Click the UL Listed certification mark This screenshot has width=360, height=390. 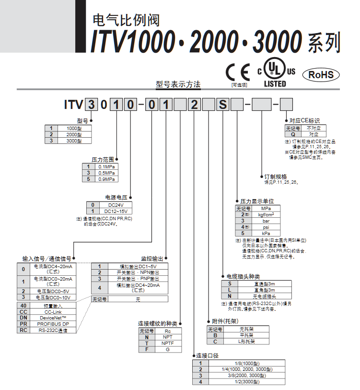pos(275,74)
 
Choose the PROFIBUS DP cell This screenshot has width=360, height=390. pos(53,324)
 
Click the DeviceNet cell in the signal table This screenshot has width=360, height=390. pos(53,318)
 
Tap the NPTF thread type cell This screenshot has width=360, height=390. pos(167,343)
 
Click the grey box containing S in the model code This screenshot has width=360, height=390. pos(223,104)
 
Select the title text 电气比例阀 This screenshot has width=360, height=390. pos(125,21)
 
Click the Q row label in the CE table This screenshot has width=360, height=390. pos(292,135)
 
